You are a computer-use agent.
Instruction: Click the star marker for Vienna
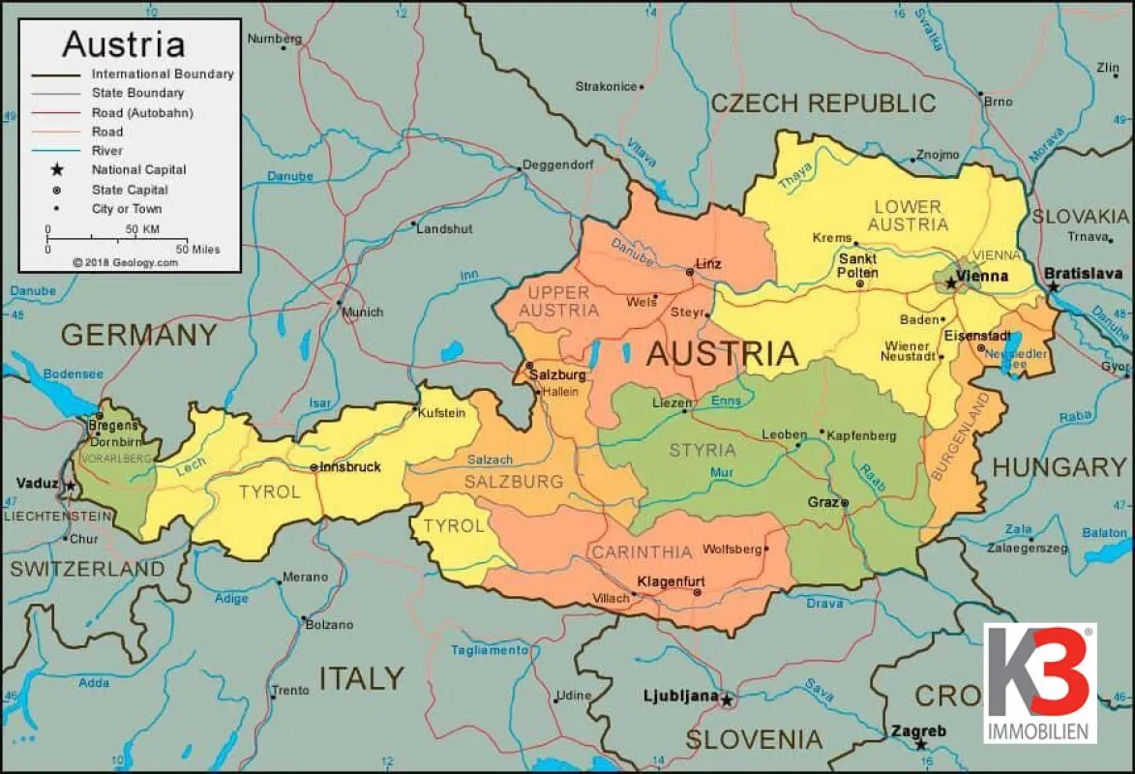coord(951,283)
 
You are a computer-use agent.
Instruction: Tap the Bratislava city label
coord(1088,275)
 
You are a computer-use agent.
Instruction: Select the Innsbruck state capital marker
coord(314,467)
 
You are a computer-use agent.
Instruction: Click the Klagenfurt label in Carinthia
coord(670,581)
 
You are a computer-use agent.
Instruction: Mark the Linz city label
coord(708,264)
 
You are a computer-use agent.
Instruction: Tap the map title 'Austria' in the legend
coord(123,45)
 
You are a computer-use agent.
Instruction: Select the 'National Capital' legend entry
coord(138,170)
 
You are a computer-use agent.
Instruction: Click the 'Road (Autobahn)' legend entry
coord(142,112)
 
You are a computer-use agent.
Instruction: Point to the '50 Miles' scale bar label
coord(198,250)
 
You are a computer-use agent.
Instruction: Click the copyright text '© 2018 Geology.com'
coord(125,262)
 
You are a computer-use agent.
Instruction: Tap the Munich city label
coord(364,313)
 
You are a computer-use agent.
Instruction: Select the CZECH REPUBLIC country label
coord(823,104)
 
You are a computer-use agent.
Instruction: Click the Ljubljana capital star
coord(726,700)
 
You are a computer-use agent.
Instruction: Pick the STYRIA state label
coord(702,450)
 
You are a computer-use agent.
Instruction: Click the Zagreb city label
coord(919,731)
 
